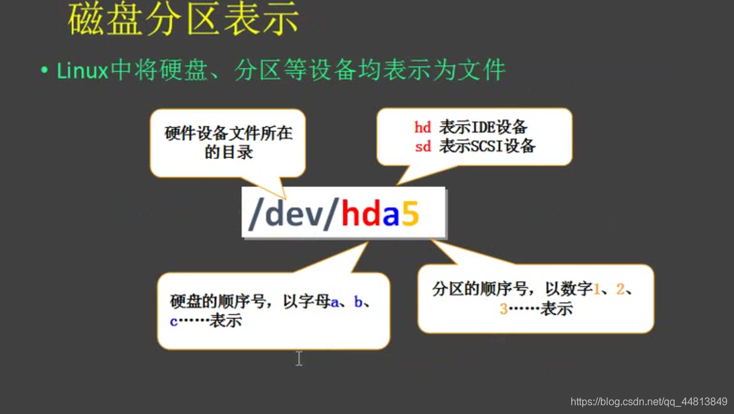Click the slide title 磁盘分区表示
(x=183, y=19)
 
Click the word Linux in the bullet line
(x=82, y=70)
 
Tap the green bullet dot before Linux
(x=44, y=70)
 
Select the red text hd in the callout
(x=423, y=127)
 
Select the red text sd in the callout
(x=423, y=146)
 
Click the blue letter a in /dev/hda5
(x=390, y=215)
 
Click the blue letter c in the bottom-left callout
(x=174, y=321)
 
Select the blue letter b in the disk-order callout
(x=358, y=301)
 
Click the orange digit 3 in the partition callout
(x=504, y=309)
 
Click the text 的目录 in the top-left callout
(x=228, y=152)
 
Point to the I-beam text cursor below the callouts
(x=299, y=358)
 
